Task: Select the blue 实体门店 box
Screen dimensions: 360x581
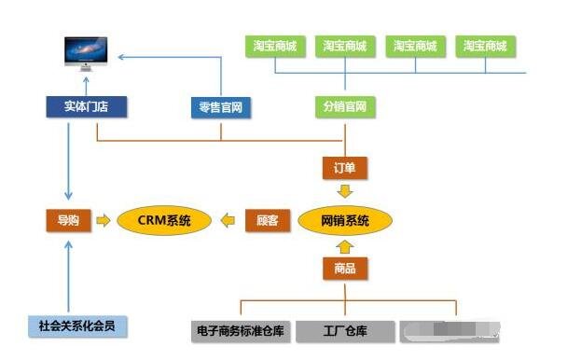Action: point(86,107)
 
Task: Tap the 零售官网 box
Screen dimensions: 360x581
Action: point(221,107)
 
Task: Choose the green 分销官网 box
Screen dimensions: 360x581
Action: point(345,107)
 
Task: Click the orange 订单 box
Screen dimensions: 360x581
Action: point(345,168)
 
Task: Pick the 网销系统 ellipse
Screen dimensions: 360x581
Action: point(345,221)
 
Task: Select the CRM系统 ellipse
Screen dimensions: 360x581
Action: point(164,221)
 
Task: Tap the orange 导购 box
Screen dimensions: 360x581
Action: point(68,221)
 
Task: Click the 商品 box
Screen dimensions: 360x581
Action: point(345,270)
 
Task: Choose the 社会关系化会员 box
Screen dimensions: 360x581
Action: point(76,326)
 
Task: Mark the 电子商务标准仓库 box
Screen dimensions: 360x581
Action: point(240,330)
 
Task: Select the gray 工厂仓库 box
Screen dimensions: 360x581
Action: point(345,330)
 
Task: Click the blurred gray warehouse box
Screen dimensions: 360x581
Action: point(450,330)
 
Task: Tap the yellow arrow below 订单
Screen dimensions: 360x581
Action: point(345,192)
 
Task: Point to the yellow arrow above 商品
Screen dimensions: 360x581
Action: point(345,247)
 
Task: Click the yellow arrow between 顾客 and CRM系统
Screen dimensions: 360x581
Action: point(228,221)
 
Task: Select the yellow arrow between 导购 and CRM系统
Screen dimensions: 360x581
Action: point(103,221)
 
